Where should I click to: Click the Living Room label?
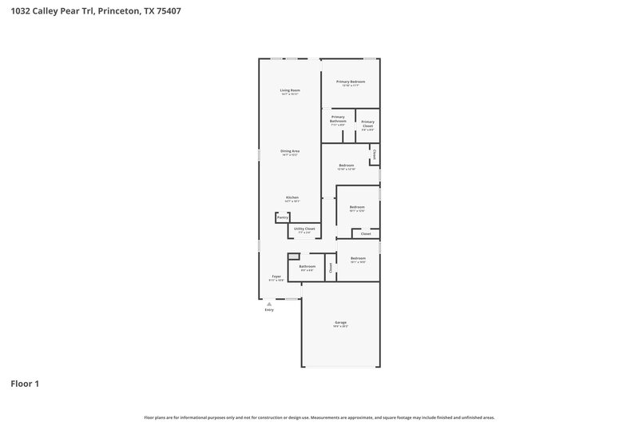tap(289, 90)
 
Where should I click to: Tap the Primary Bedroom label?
tap(350, 82)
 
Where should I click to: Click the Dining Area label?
tap(289, 151)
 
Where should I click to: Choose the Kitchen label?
tap(292, 197)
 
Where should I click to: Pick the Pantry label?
tap(282, 217)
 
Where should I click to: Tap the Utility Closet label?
tap(304, 229)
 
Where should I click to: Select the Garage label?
tap(340, 322)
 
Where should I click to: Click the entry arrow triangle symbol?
tap(269, 304)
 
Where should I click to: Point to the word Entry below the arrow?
tap(269, 310)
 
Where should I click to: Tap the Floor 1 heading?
tap(25, 384)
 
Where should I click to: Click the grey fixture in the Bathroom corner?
tap(293, 256)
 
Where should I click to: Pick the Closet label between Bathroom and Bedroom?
tap(330, 268)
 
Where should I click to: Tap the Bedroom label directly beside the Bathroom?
tap(358, 258)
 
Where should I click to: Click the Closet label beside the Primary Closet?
tap(374, 153)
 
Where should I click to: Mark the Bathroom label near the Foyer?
tap(308, 266)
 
